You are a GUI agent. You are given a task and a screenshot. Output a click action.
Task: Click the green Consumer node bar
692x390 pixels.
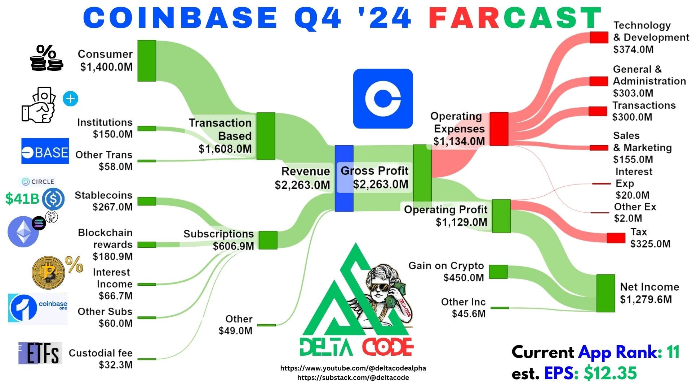[x=147, y=61]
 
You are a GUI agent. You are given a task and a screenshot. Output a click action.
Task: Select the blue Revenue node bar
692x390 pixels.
[x=344, y=178]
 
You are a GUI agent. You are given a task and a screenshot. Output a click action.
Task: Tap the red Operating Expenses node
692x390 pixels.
[x=499, y=129]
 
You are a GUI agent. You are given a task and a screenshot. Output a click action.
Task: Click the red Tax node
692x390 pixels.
[x=616, y=238]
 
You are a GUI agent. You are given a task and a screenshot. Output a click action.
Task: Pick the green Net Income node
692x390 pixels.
[x=605, y=293]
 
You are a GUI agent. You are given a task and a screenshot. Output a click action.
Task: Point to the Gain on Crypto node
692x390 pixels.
[x=498, y=272]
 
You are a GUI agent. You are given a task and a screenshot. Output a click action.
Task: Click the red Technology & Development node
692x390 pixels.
[x=599, y=38]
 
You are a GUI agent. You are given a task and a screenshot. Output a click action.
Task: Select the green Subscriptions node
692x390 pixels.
[x=268, y=240]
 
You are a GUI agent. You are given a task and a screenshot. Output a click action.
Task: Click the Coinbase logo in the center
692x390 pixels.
[x=383, y=99]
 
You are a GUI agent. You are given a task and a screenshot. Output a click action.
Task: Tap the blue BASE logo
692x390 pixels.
[x=45, y=151]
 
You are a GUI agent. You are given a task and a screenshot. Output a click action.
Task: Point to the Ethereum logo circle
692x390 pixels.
[x=23, y=231]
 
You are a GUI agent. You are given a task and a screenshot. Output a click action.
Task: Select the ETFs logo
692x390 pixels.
[x=40, y=353]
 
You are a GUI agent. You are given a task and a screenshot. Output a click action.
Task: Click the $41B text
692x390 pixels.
[x=22, y=199]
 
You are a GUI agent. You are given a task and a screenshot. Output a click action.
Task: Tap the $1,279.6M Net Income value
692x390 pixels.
[x=646, y=299]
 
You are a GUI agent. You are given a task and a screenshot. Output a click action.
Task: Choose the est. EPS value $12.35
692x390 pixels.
[x=610, y=373]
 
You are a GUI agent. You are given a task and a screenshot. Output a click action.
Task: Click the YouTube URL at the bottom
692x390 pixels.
[x=353, y=368]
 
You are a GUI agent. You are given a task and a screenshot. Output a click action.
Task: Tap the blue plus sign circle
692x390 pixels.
[x=70, y=99]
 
